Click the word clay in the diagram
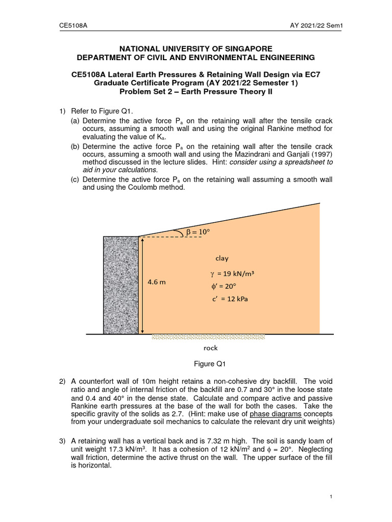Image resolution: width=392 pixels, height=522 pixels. (222, 258)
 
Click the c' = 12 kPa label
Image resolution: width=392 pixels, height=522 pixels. (230, 299)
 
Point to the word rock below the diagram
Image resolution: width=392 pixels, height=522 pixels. (210, 348)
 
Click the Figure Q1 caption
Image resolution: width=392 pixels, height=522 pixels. (209, 363)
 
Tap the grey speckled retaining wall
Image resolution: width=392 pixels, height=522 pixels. (121, 285)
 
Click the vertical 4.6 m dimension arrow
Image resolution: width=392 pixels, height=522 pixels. (143, 285)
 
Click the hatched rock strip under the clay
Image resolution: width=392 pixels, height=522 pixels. (209, 337)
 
